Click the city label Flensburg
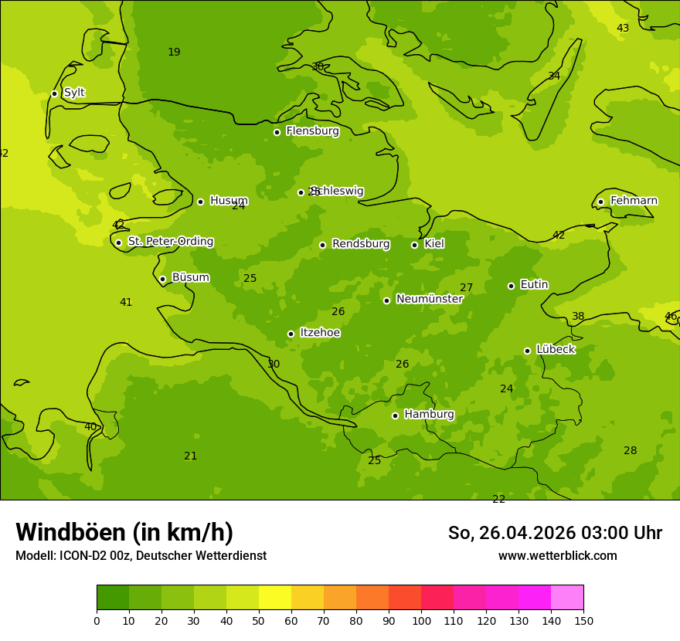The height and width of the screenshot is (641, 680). point(312,131)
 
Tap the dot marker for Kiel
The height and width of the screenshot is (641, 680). point(414,245)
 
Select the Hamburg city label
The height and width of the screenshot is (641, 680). point(429,415)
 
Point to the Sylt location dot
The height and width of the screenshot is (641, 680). point(54,93)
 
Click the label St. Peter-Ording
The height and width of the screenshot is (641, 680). point(170,242)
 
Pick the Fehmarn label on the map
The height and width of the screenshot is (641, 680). point(634,201)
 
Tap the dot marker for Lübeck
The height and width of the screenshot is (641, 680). point(527,351)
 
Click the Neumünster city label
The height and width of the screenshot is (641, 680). point(429,299)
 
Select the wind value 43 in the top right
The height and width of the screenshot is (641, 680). point(622,29)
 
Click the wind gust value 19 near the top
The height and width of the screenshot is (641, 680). point(174,53)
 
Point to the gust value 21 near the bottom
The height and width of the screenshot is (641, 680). point(190,456)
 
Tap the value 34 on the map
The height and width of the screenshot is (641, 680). point(554,76)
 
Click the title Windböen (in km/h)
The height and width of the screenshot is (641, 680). point(124,532)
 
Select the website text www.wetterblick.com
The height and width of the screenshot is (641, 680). point(557,555)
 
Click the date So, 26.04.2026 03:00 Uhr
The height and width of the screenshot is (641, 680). point(555,533)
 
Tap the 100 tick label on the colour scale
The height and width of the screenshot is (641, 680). point(421,620)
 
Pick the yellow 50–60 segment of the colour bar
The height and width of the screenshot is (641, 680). point(275,598)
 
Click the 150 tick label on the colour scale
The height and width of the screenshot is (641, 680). point(583,620)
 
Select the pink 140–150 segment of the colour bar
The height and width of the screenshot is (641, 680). point(567,598)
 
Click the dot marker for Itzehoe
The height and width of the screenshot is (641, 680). point(291,334)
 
